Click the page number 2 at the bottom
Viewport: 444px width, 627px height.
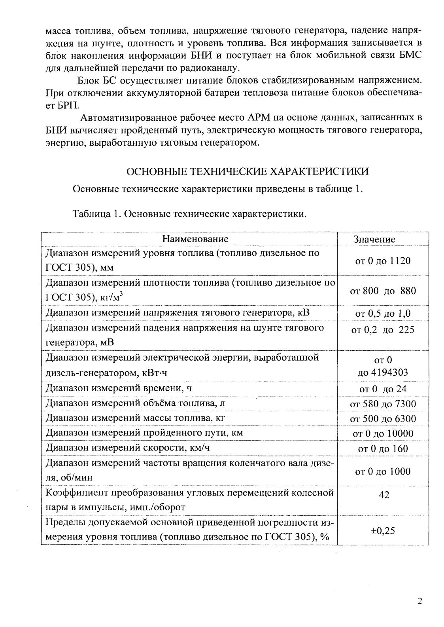419,601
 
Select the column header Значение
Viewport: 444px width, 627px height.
374,239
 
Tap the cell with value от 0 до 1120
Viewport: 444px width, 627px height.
383,261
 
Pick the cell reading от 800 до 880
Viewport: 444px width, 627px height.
383,291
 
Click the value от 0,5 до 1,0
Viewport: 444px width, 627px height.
383,314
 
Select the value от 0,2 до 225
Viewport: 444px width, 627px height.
383,330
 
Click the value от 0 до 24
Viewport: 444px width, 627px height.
383,389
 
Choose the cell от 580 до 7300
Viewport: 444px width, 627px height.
383,404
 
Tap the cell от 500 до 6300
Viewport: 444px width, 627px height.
383,419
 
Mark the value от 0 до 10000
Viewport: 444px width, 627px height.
383,434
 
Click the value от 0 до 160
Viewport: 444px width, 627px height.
383,449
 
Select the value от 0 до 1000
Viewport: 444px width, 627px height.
383,471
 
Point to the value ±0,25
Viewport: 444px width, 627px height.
383,531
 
